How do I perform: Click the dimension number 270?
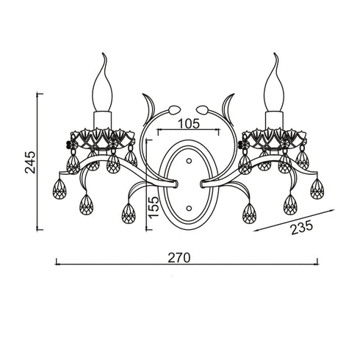point(179,258)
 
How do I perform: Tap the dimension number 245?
point(30,162)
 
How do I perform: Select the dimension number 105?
point(189,123)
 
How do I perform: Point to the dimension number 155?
point(154,207)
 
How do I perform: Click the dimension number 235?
point(302,228)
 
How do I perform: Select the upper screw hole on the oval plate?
point(189,161)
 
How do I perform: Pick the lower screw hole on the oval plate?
point(189,208)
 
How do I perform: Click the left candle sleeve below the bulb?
point(103,120)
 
